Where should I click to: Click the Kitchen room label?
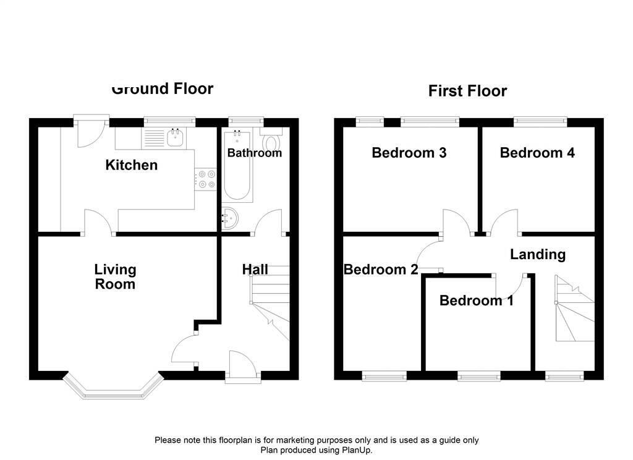point(132,165)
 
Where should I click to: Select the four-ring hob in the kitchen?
point(205,179)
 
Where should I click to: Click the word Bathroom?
point(254,153)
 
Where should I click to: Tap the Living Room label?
point(115,277)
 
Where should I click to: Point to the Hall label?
point(255,270)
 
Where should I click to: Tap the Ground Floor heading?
point(163,89)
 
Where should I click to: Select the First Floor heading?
point(467,92)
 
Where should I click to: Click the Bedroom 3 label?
point(409,153)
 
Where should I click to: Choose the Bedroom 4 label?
point(537,153)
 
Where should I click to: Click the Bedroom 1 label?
point(476,300)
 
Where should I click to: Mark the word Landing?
point(537,254)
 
